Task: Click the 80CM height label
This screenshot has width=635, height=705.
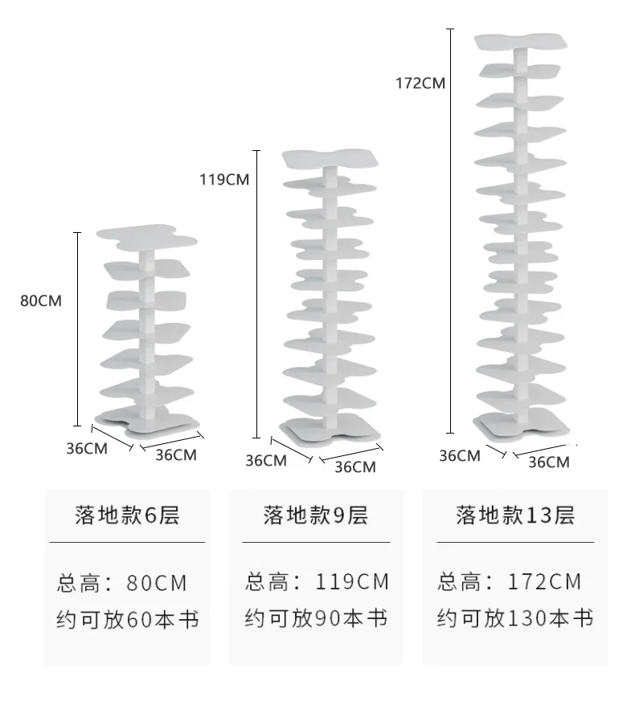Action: (x=41, y=301)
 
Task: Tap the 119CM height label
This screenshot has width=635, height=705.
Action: (x=224, y=179)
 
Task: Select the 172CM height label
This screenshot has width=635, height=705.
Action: (x=420, y=82)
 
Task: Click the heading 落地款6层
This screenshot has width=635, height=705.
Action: (x=127, y=516)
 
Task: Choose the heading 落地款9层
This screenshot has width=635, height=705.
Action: (x=315, y=516)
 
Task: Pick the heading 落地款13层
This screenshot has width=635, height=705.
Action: (x=515, y=516)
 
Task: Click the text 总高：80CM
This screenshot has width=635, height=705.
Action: (x=122, y=582)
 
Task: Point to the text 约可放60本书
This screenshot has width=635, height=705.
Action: (x=127, y=619)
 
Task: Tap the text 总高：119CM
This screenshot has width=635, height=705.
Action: (x=317, y=581)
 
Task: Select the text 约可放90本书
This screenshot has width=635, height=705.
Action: (x=316, y=618)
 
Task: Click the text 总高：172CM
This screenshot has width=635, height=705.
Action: (x=510, y=581)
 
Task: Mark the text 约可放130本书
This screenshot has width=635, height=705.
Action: (x=515, y=618)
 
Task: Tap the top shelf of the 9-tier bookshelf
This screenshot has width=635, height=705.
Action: (x=330, y=159)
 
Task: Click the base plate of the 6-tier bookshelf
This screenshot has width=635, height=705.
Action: (x=147, y=420)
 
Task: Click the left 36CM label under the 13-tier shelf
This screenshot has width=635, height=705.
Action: (x=459, y=455)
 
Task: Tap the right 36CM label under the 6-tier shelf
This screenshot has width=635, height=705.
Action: (x=175, y=454)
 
